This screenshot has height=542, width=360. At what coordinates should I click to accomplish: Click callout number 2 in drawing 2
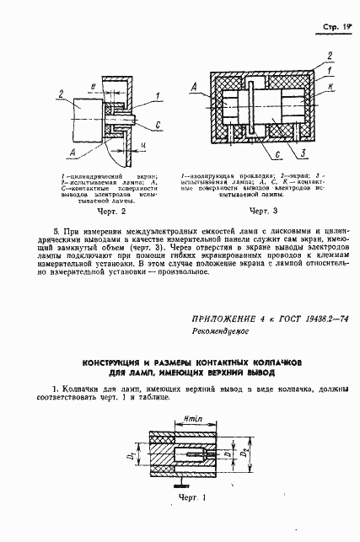pyautogui.click(x=61, y=94)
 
